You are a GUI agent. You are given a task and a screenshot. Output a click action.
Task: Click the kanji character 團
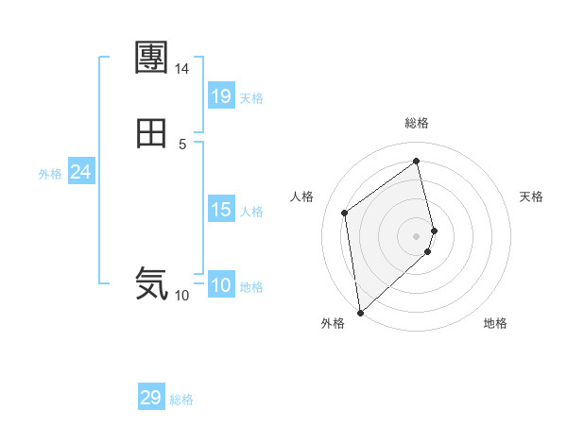(151, 59)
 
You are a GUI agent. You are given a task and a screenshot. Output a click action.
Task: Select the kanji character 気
(151, 282)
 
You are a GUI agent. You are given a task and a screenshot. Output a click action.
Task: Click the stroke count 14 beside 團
(181, 69)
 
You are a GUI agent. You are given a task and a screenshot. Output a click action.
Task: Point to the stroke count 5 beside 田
(182, 144)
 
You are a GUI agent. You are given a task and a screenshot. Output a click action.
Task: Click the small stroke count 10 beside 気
(181, 295)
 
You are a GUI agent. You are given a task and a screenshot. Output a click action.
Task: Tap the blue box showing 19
(220, 95)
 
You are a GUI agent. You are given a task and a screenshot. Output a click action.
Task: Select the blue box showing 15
(220, 210)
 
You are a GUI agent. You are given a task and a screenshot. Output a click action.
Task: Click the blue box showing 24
(80, 172)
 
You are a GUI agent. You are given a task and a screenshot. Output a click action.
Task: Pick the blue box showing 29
(151, 397)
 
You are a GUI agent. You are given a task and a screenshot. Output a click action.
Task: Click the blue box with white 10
(220, 285)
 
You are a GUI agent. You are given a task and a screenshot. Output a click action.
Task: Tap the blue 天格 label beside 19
(251, 98)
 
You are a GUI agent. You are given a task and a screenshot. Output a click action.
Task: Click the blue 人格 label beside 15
(251, 212)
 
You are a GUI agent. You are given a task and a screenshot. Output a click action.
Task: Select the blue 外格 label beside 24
(50, 174)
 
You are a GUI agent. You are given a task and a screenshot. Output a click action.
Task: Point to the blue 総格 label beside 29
(181, 400)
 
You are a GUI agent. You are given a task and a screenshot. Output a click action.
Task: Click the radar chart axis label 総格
(417, 123)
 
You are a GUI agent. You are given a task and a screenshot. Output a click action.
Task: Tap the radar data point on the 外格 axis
(359, 312)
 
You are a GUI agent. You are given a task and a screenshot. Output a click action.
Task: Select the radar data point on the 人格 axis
(345, 213)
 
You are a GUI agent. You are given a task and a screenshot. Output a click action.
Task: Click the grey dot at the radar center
(417, 235)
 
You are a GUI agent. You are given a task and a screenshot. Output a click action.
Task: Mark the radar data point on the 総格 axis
(417, 161)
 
